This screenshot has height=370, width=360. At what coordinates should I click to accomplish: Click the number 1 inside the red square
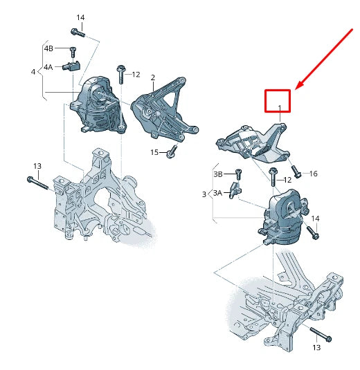pos(280,107)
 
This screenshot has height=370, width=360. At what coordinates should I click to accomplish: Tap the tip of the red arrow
pos(296,89)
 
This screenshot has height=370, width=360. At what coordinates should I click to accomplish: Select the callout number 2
pos(152,77)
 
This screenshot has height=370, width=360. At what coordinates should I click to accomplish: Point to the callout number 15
pos(154,152)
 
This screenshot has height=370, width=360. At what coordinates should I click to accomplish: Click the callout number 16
pos(313,174)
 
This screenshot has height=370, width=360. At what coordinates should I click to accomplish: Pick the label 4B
pos(48,49)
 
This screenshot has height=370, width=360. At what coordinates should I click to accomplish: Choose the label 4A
pos(48,67)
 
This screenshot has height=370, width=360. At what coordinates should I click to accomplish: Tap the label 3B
pos(217,174)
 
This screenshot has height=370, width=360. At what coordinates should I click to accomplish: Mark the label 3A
pos(217,193)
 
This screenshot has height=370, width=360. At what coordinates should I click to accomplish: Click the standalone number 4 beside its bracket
pos(33,71)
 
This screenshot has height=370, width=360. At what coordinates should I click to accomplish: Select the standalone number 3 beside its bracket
pos(204,196)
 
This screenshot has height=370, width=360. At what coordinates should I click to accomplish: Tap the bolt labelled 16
pos(296,169)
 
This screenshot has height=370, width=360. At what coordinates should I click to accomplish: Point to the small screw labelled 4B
pos(71,50)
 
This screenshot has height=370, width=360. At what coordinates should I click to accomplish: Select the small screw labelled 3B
pos(237,173)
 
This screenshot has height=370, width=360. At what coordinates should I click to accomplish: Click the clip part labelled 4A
pos(71,66)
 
